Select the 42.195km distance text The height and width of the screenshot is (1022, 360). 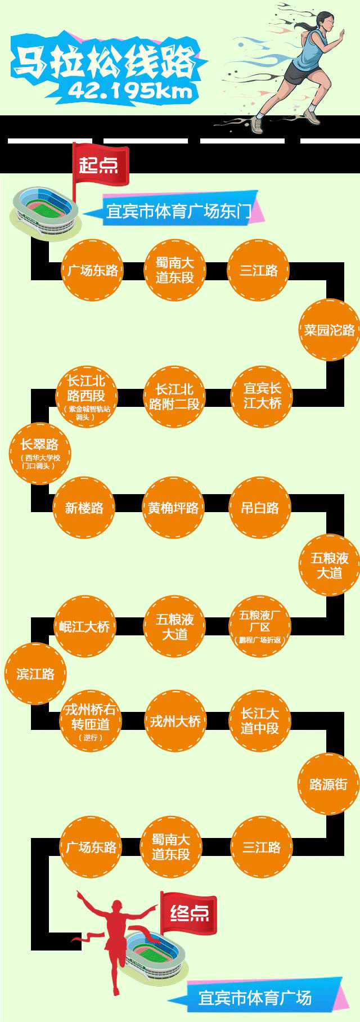pos(130,91)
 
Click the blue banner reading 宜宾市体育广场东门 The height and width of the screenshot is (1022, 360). pos(179,211)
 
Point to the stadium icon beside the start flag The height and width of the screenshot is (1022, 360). pos(45,212)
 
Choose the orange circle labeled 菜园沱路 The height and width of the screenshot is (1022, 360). pos(329,330)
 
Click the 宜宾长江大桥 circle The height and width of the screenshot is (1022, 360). pos(262,396)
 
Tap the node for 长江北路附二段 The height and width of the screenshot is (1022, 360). pos(174,396)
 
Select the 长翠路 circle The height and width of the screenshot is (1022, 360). pos(39,452)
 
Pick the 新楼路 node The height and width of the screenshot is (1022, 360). pos(84,508)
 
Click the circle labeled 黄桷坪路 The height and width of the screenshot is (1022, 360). pos(173,508)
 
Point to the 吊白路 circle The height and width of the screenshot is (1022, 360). pos(260,508)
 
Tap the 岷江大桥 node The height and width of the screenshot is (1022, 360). pos(84,626)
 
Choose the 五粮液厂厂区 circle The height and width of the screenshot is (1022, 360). pos(260,626)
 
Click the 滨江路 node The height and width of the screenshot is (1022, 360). pos(35,674)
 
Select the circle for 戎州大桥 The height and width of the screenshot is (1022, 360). pos(175,721)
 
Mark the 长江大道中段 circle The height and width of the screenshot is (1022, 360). pos(260,721)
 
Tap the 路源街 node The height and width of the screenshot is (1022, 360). pos(328,784)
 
